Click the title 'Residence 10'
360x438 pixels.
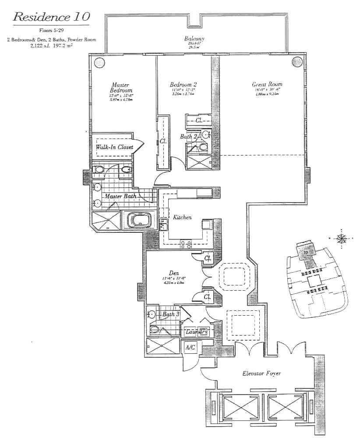click(x=52, y=17)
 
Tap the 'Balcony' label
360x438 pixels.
click(x=195, y=39)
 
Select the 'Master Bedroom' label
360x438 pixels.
click(x=119, y=87)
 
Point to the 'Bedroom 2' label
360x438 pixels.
click(x=183, y=84)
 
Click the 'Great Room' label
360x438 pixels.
click(x=267, y=84)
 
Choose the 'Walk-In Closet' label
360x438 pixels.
click(x=115, y=147)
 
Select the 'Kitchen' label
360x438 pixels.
click(x=182, y=217)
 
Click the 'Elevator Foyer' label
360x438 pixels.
click(x=261, y=374)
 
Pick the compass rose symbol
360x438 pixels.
click(x=341, y=239)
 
